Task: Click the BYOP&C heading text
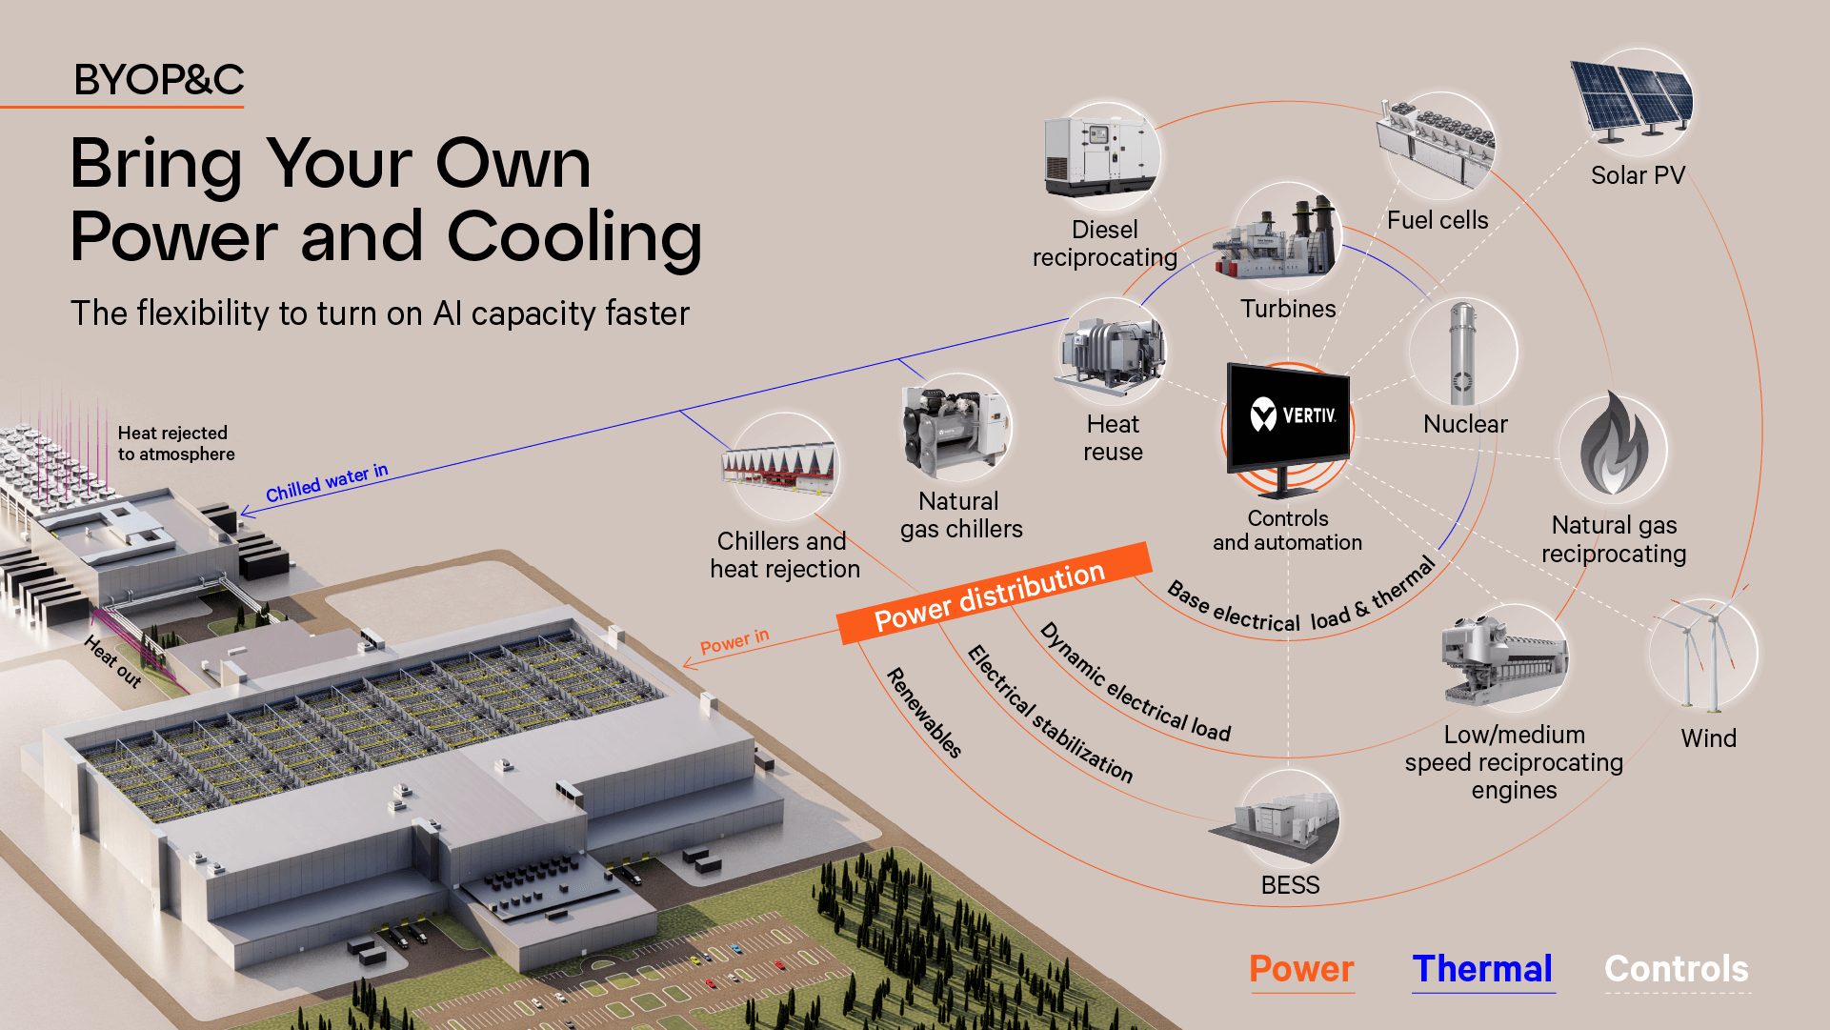point(159,80)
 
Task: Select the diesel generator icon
point(1102,152)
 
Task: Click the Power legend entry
point(1301,969)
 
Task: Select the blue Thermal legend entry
point(1482,969)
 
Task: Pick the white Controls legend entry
point(1677,969)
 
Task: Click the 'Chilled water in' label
point(327,482)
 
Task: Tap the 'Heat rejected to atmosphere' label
point(175,443)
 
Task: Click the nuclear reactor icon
point(1462,353)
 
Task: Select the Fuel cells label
point(1438,220)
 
